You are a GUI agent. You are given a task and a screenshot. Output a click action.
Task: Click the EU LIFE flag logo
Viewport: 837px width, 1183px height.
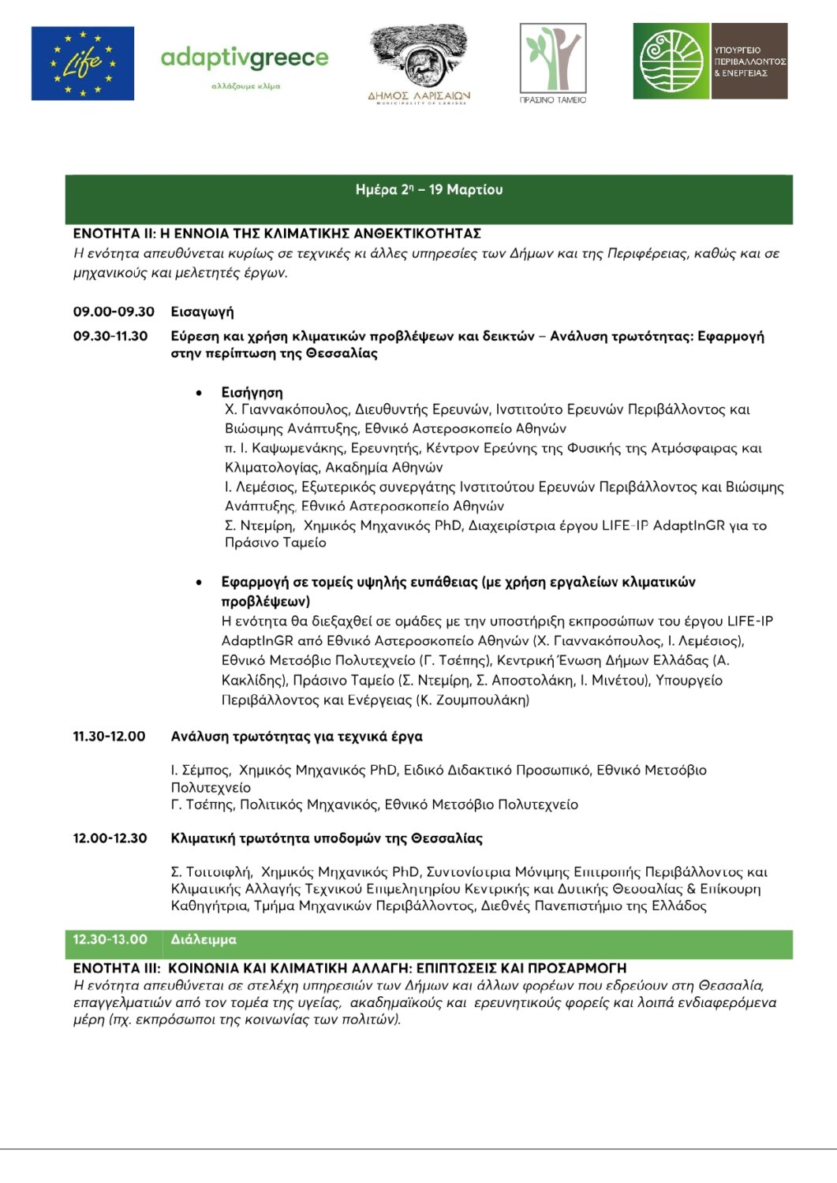coord(83,63)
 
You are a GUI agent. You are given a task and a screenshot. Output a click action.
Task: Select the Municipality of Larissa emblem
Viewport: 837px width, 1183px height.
coord(419,64)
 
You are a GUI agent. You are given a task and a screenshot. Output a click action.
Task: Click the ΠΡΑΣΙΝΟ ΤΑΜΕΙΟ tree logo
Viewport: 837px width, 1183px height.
coord(553,61)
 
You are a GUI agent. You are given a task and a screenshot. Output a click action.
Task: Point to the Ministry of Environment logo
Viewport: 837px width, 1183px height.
coord(710,62)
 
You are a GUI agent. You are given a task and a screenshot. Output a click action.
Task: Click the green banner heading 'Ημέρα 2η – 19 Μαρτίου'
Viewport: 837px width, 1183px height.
coord(429,190)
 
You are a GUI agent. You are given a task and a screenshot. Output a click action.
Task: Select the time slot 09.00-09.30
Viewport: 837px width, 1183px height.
coord(114,312)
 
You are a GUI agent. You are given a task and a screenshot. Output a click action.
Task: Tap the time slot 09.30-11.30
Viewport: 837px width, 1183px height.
coord(110,337)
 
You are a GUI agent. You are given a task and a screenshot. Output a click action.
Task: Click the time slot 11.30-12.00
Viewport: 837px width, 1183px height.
coord(109,737)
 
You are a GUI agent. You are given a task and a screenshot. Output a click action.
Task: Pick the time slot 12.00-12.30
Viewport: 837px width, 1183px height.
coord(110,838)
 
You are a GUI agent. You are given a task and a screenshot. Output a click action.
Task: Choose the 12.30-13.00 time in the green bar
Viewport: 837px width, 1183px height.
coord(110,940)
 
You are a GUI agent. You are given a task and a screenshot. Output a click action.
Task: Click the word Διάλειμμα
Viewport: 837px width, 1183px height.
coord(204,940)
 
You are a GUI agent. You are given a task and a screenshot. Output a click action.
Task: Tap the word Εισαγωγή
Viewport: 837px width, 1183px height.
coord(202,312)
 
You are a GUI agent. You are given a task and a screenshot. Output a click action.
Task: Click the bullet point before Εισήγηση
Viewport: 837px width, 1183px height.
coord(199,393)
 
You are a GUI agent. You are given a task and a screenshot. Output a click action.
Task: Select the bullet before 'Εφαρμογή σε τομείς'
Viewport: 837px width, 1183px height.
coord(199,583)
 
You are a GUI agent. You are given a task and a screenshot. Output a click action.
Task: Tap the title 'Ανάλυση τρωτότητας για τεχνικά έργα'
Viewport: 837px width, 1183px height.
coord(297,737)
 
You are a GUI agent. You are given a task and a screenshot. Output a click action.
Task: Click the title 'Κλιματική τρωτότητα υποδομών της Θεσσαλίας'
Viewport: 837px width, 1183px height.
coord(327,838)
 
